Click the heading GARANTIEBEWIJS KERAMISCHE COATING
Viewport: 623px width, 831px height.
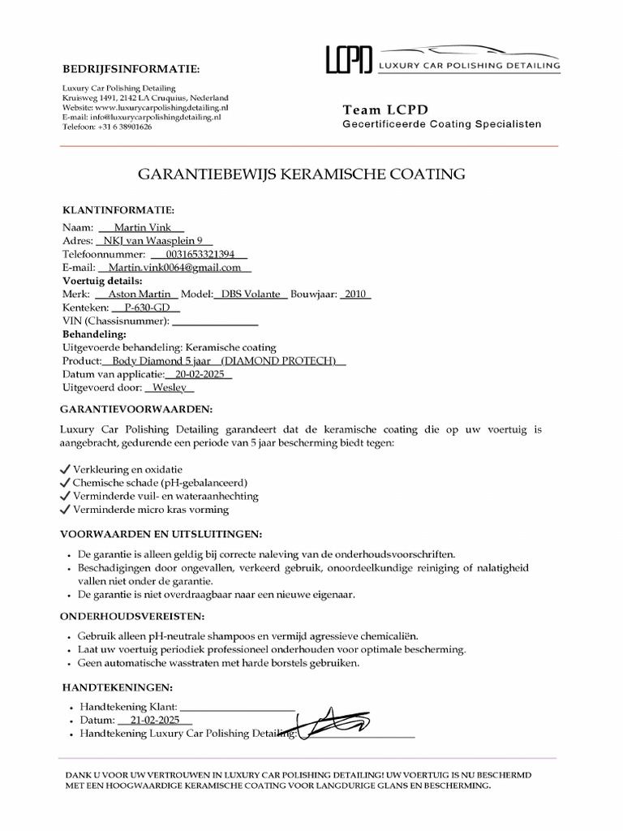(x=303, y=174)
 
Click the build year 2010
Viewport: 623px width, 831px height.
(x=355, y=294)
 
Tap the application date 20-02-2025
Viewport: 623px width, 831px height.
(x=198, y=374)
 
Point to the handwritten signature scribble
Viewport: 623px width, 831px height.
(x=334, y=720)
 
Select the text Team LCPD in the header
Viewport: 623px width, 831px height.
(x=385, y=110)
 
